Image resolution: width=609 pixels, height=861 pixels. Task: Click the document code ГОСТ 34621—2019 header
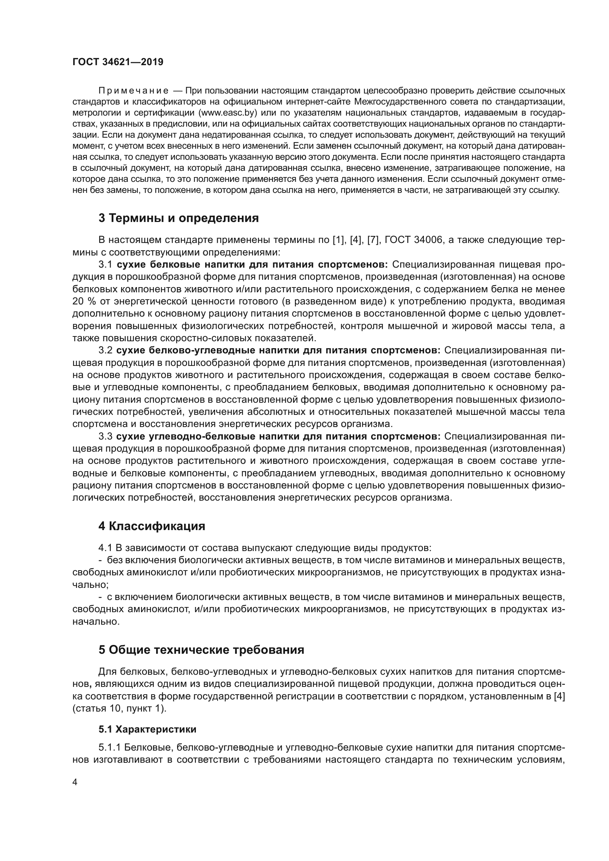(118, 62)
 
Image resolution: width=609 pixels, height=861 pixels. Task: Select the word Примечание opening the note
(133, 91)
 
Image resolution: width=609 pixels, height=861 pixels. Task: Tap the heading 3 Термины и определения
(179, 218)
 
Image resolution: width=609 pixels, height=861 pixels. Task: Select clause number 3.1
(105, 264)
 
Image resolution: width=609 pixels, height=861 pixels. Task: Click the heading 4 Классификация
(152, 526)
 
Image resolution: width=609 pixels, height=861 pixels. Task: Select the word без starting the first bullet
(115, 560)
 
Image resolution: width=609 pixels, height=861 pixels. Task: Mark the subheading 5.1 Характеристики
(147, 729)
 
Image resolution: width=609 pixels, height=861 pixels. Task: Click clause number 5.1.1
(109, 747)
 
